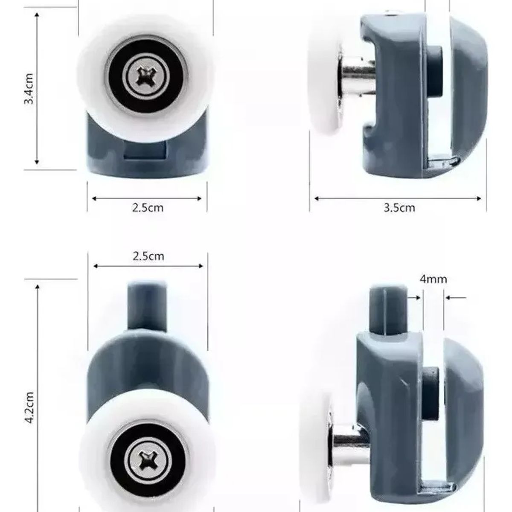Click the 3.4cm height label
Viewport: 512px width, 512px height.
tap(29, 90)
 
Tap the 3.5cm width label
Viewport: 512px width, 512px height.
tap(399, 208)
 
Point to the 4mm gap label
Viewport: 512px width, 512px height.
tap(433, 279)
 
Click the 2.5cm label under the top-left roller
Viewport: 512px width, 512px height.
tap(147, 208)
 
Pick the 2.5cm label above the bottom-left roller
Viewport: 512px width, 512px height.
tap(148, 256)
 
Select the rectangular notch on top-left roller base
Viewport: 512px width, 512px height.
tap(145, 150)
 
